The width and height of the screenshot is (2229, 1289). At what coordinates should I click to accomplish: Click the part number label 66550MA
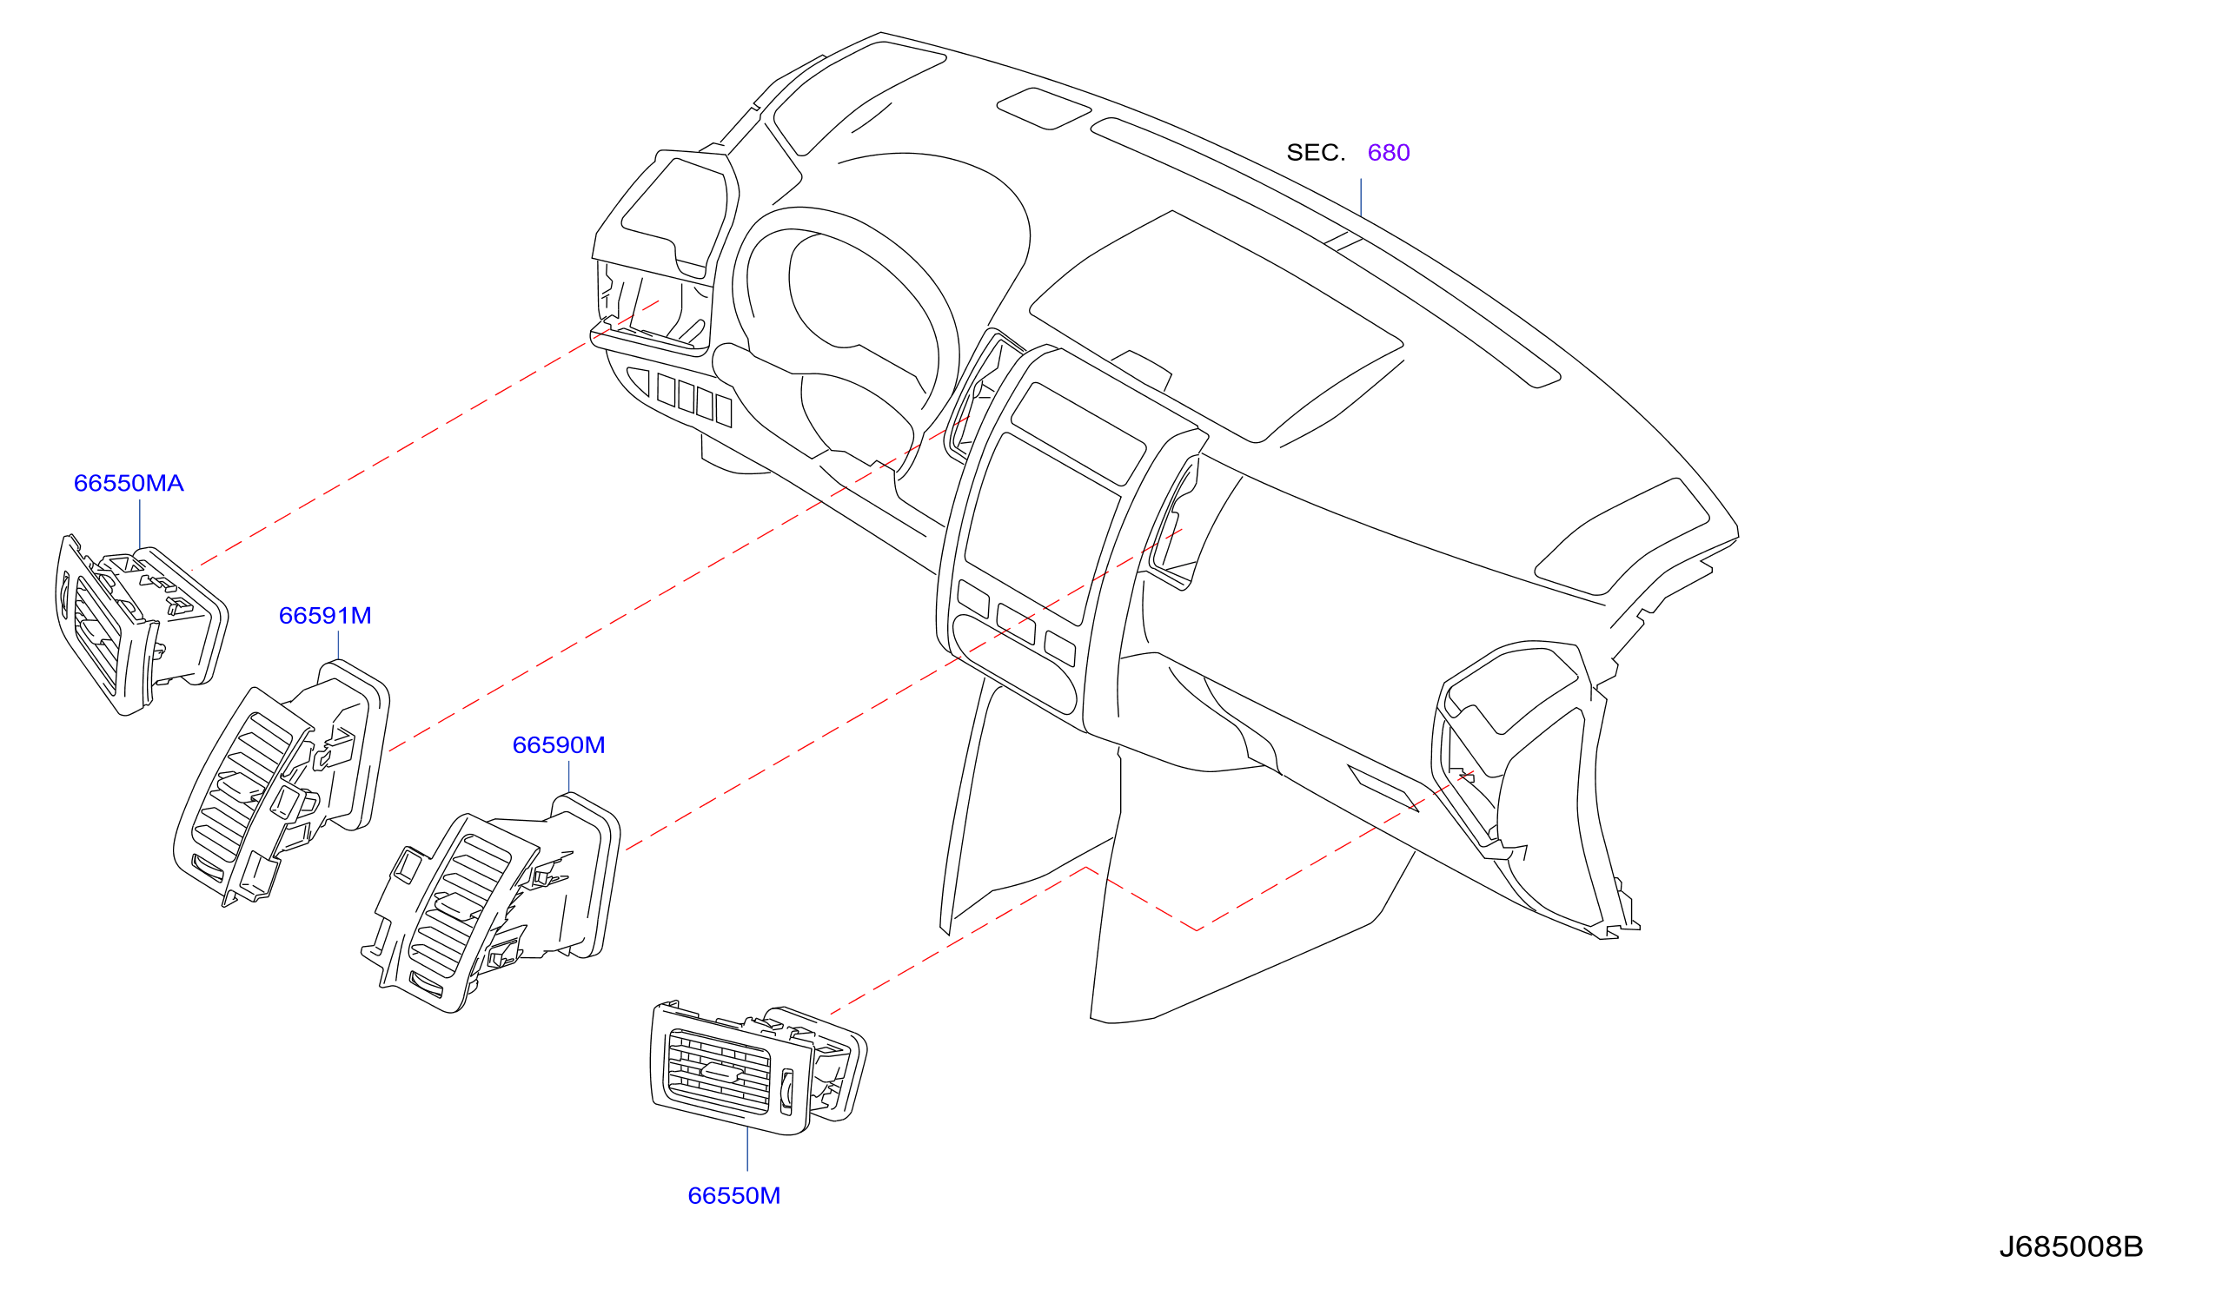[129, 484]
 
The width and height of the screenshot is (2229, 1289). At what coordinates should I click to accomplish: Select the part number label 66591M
[325, 616]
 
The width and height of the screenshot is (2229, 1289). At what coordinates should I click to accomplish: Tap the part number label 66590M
[558, 745]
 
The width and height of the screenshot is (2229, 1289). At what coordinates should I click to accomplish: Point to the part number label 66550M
[733, 1196]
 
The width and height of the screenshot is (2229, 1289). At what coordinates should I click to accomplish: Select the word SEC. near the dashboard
[1316, 153]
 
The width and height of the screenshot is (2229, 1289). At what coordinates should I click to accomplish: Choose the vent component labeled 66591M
[282, 783]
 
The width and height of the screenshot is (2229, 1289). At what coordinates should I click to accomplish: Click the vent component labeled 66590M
[491, 902]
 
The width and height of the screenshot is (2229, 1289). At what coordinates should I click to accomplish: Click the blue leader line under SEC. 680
[1360, 198]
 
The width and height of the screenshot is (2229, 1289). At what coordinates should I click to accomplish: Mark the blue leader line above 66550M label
[747, 1149]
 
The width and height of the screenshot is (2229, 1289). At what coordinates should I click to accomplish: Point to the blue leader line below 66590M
[568, 777]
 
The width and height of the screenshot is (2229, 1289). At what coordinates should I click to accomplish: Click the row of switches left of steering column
[694, 400]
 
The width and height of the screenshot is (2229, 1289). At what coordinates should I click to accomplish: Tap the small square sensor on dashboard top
[1044, 109]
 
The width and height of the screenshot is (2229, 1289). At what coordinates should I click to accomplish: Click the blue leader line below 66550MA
[140, 525]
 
